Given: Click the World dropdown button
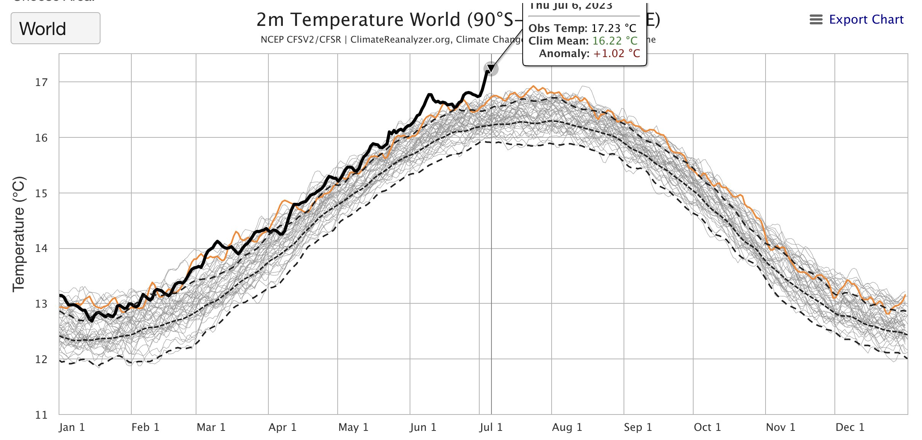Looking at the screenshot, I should (55, 29).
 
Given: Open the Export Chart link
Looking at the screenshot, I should (866, 19).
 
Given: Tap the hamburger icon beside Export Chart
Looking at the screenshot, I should (816, 19).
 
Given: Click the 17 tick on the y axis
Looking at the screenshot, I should (41, 82).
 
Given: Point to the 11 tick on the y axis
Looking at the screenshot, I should (41, 415).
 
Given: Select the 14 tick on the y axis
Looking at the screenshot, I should (41, 249).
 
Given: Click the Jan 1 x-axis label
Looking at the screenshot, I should (72, 427).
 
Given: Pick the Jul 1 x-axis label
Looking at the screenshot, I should (491, 427).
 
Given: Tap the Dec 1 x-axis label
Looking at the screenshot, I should (850, 427).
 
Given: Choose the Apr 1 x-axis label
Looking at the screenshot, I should (282, 427).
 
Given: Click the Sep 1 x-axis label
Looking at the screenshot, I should (638, 427).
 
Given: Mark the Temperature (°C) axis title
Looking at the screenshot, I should (19, 234).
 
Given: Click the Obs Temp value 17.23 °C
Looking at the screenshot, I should (613, 28).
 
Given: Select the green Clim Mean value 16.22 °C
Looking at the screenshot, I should (614, 41).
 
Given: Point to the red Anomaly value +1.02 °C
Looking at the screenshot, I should (616, 53).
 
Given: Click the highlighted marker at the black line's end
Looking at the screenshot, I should (491, 69).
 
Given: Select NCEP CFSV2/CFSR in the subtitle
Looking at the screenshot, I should (301, 40).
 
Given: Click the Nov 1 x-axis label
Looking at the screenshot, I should (780, 427).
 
